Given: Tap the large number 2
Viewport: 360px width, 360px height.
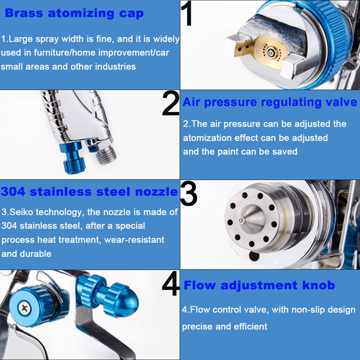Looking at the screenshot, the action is point(171,103).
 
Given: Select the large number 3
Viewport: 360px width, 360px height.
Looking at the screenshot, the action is point(189,193).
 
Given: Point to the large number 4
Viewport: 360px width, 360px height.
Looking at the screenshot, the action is point(171,284).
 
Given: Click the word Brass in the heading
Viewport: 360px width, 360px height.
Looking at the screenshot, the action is point(24,13).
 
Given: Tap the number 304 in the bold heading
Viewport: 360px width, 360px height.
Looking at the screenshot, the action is point(13,192).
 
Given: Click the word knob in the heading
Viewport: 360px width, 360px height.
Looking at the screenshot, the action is point(319,285).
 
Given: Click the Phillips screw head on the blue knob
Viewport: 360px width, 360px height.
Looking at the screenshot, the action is point(24,308).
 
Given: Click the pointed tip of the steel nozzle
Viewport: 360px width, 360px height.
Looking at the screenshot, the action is point(241,220).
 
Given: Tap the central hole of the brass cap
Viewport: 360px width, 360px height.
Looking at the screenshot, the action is point(271,53).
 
